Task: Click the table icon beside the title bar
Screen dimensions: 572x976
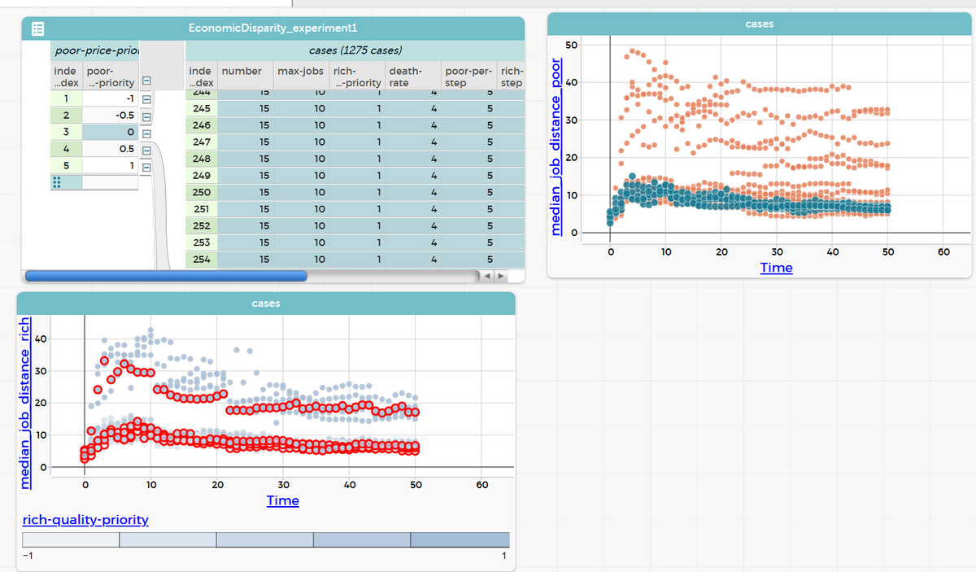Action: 37,28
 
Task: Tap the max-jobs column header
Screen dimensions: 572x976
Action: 301,71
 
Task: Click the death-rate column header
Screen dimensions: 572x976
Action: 404,76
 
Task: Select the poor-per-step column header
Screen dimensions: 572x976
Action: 468,76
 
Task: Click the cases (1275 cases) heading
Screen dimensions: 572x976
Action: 355,51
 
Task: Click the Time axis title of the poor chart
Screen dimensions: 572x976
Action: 776,268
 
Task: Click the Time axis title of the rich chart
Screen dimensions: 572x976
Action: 282,500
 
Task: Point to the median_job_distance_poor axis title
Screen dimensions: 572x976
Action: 557,146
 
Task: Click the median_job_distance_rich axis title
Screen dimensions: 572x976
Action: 25,401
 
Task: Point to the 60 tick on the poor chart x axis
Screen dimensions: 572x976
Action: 943,252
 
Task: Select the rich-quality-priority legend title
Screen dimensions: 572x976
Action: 85,519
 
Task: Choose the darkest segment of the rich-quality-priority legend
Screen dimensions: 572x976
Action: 460,539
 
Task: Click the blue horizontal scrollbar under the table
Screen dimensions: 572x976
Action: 167,276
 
